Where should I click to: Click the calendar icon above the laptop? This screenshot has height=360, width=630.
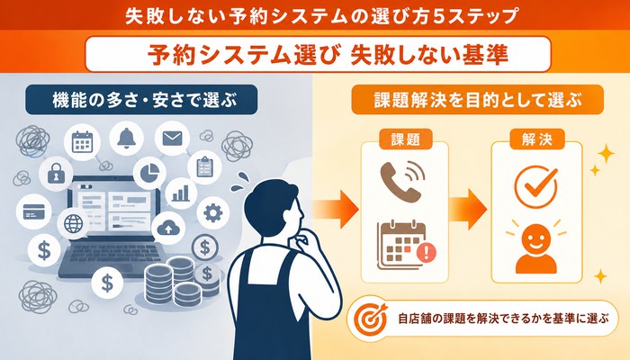click(x=83, y=142)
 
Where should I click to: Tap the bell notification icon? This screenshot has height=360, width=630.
click(x=126, y=138)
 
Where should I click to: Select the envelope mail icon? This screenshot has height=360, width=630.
click(x=173, y=139)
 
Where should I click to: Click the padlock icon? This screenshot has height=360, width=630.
click(x=56, y=173)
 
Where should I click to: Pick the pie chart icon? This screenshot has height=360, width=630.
click(x=149, y=173)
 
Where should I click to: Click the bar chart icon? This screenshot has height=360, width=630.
click(x=180, y=193)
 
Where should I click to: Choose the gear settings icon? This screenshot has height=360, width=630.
click(x=213, y=212)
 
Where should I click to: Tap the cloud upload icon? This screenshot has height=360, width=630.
click(x=167, y=228)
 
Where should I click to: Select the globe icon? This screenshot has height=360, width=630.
click(x=73, y=223)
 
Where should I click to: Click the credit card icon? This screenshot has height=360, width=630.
click(x=33, y=211)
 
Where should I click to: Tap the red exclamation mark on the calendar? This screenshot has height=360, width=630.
click(x=427, y=252)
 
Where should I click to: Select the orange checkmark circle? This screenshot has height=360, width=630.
click(x=536, y=187)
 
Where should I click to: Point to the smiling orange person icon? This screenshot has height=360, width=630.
click(x=536, y=247)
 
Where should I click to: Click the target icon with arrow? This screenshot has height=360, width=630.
click(x=371, y=319)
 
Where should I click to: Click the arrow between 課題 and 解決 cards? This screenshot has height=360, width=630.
click(x=468, y=210)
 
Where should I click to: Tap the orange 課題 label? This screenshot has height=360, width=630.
click(x=405, y=139)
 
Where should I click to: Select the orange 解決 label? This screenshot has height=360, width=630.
click(x=537, y=139)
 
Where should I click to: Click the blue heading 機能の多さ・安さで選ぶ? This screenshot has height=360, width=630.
click(x=141, y=100)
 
